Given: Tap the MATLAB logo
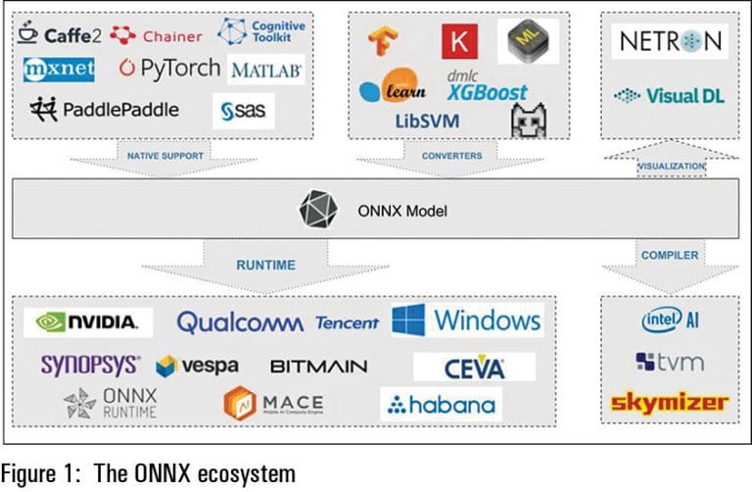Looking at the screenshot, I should (266, 71).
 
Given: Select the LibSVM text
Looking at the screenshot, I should (413, 122).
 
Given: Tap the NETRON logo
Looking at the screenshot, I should (672, 41).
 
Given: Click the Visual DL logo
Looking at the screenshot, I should (671, 95).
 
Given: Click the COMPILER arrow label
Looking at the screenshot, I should (670, 255).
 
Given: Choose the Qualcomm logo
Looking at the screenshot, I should (240, 322).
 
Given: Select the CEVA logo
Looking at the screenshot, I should (474, 368).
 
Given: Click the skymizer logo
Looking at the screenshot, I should (669, 402).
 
